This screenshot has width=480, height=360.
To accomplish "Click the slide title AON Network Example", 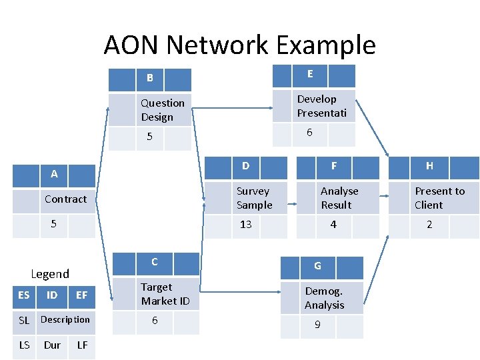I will click(x=239, y=45).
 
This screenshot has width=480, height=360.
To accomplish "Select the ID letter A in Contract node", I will click(x=54, y=174).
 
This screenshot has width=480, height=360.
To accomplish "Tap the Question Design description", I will click(x=163, y=110).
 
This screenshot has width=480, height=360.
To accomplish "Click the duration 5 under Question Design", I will click(x=150, y=137).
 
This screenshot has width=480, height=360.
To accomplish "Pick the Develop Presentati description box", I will click(x=321, y=106).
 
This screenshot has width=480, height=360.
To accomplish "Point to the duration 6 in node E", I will click(x=309, y=133).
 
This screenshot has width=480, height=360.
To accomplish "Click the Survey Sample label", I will click(x=254, y=198).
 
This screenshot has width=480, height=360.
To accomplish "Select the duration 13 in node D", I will click(x=246, y=224).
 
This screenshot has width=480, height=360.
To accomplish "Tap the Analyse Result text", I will click(x=339, y=198).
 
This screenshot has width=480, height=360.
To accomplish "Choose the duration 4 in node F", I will click(x=333, y=224).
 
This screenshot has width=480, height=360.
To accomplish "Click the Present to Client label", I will click(x=439, y=198).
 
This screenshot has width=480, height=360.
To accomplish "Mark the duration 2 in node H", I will click(x=429, y=225).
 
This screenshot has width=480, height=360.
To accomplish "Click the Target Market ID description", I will click(x=165, y=294).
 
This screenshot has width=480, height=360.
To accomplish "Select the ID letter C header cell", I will click(x=154, y=262).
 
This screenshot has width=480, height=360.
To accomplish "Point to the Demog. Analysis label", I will click(x=324, y=298).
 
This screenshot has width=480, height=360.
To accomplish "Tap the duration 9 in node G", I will click(x=317, y=325).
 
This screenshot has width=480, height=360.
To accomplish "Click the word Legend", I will click(x=50, y=274).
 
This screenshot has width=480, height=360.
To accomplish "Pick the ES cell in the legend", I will click(x=24, y=295).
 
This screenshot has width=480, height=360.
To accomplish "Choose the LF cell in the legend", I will click(x=83, y=345).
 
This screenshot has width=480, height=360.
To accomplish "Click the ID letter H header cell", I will click(x=429, y=166).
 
